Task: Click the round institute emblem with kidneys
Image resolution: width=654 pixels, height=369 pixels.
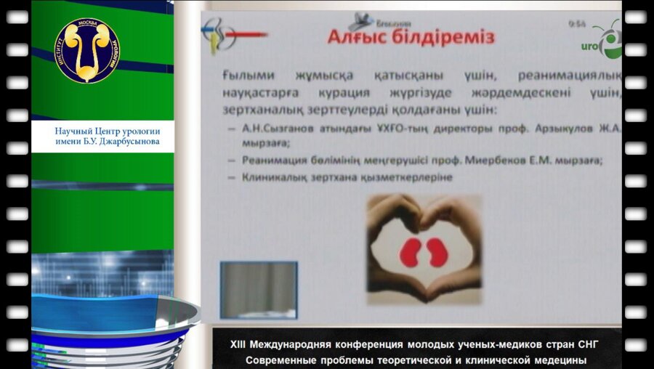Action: coord(86,49)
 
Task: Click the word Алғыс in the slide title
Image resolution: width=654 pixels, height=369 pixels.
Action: coord(358,37)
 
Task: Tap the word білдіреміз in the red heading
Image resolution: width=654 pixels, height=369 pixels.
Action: coord(445,37)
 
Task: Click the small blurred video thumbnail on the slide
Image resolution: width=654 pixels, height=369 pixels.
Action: coord(259,289)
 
